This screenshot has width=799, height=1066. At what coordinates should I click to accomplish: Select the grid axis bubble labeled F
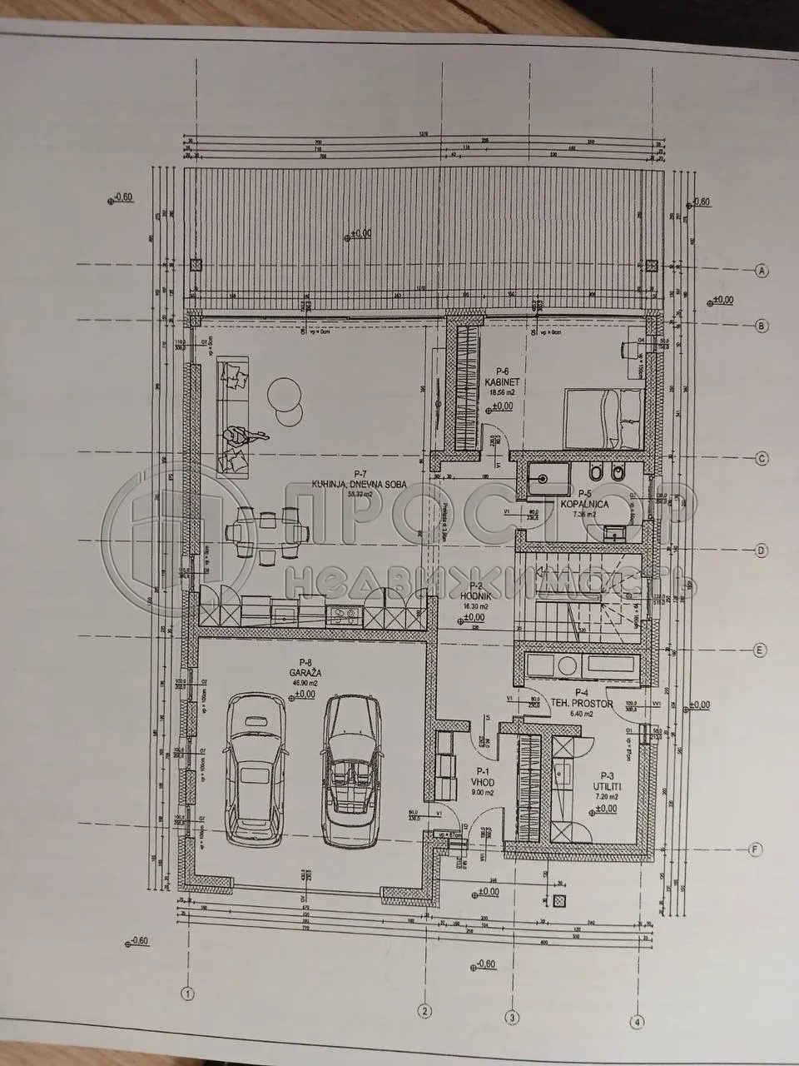pos(755,849)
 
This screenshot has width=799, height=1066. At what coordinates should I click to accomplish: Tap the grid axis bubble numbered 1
pos(188,994)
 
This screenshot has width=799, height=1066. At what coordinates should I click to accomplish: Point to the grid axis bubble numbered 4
pos(638,1021)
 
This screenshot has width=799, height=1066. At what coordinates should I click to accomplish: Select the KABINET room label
pos(502,382)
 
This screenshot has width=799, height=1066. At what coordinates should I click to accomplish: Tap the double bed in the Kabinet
pos(603,419)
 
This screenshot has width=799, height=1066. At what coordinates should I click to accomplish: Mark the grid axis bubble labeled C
pos(760,458)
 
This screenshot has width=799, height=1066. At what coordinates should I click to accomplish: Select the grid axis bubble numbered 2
pos(424,1011)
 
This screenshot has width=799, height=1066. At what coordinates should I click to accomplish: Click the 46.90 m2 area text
pos(305,682)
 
